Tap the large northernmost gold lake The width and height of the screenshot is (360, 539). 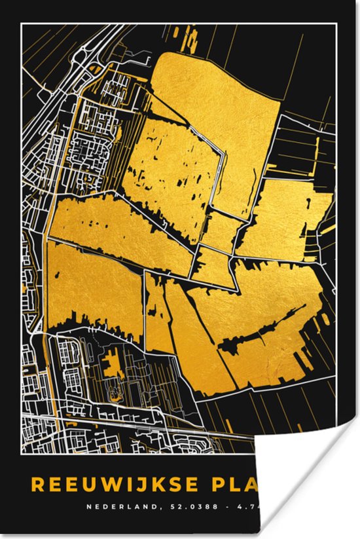[x=216, y=98]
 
